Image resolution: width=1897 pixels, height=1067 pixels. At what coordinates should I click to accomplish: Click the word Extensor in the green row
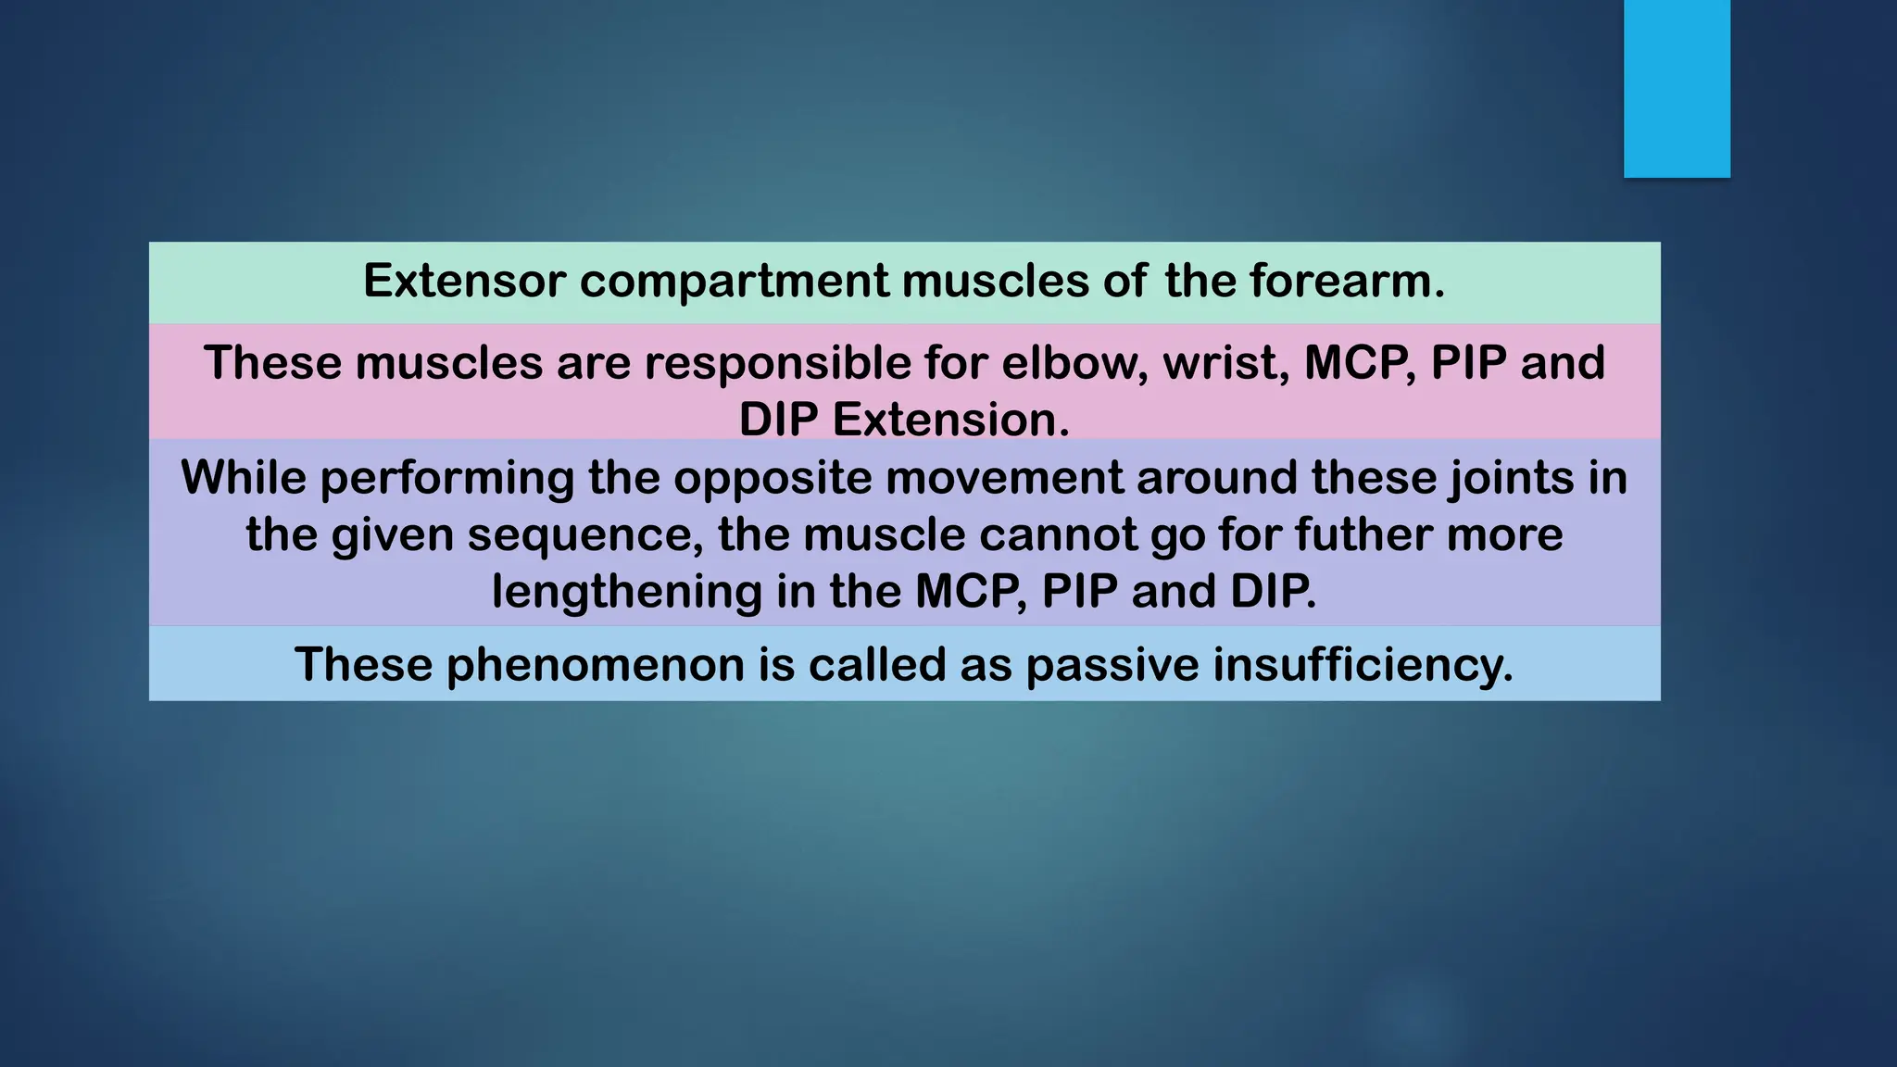[463, 281]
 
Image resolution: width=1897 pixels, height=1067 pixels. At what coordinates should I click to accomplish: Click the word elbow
[1074, 363]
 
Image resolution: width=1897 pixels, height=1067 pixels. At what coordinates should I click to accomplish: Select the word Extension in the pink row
[950, 420]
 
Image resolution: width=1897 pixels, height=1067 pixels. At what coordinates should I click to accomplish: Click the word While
[244, 478]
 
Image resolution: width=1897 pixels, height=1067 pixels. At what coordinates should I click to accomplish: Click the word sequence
[584, 536]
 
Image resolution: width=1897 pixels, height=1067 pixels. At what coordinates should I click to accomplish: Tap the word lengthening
[626, 593]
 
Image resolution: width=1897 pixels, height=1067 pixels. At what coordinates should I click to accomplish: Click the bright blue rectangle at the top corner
[1677, 88]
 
